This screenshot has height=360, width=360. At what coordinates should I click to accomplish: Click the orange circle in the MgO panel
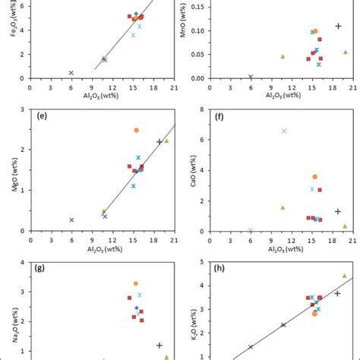tap(137, 130)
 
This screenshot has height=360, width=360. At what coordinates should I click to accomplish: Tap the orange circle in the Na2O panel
tap(136, 283)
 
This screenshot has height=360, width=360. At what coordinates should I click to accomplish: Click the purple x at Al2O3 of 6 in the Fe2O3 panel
tap(71, 73)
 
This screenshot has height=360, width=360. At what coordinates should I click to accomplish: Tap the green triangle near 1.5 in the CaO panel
tap(283, 207)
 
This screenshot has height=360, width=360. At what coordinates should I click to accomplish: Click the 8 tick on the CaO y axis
tap(199, 109)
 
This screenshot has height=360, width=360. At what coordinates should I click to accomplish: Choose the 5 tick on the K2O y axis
tap(199, 262)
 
